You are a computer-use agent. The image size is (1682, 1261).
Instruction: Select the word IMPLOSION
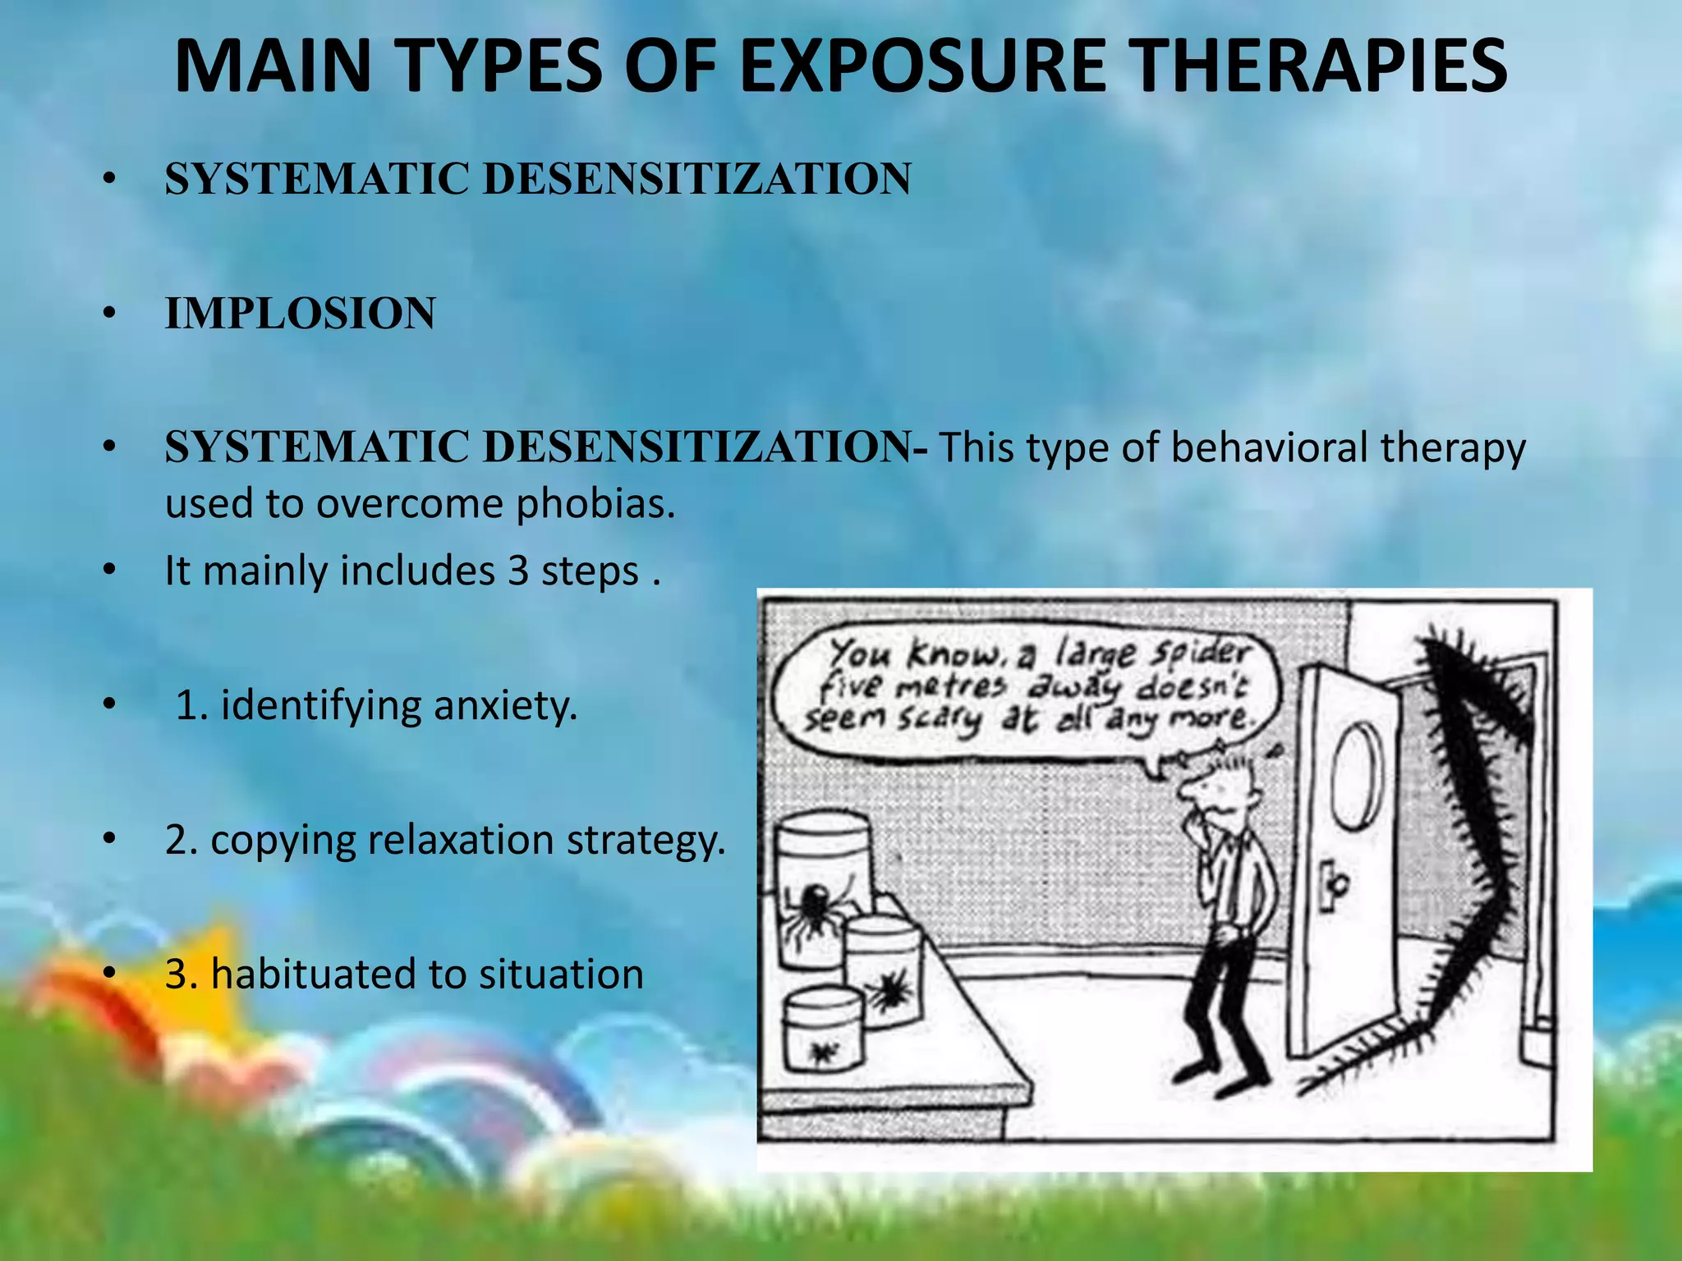[x=300, y=314]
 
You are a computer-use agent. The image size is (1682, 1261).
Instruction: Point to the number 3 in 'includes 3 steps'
[x=517, y=571]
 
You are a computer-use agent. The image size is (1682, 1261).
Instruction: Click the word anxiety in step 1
[x=505, y=706]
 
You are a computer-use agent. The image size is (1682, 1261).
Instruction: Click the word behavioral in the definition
[x=1269, y=448]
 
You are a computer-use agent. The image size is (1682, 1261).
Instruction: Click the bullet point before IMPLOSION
[x=109, y=314]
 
